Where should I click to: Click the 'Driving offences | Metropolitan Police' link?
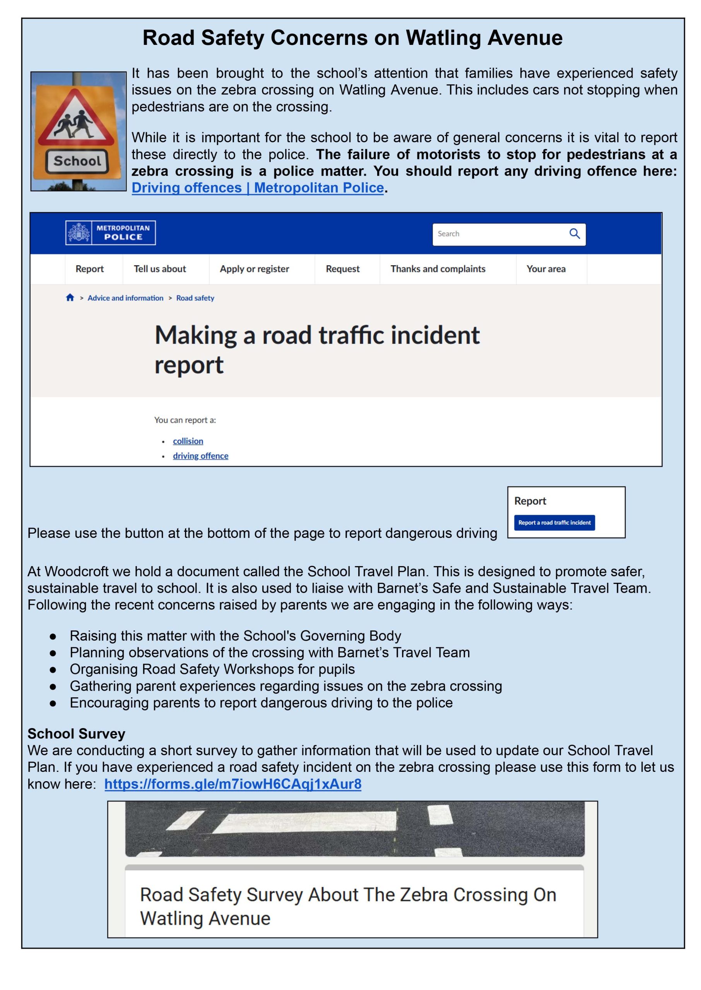tap(257, 188)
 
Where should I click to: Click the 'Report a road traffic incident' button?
tap(554, 522)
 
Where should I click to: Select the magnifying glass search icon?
tap(574, 234)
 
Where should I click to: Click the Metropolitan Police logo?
tap(111, 233)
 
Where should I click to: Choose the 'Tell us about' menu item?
tap(160, 269)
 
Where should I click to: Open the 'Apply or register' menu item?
tap(254, 269)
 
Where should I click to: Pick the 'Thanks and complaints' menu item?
tap(438, 269)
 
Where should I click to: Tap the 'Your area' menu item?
tap(545, 269)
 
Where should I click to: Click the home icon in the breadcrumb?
tap(70, 298)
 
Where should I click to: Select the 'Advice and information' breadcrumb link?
tap(125, 298)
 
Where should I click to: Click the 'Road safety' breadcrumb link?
tap(195, 298)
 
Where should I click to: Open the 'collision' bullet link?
tap(188, 441)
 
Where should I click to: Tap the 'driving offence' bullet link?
tap(200, 456)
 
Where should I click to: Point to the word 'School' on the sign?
tap(77, 161)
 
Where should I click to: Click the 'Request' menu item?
tap(342, 269)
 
